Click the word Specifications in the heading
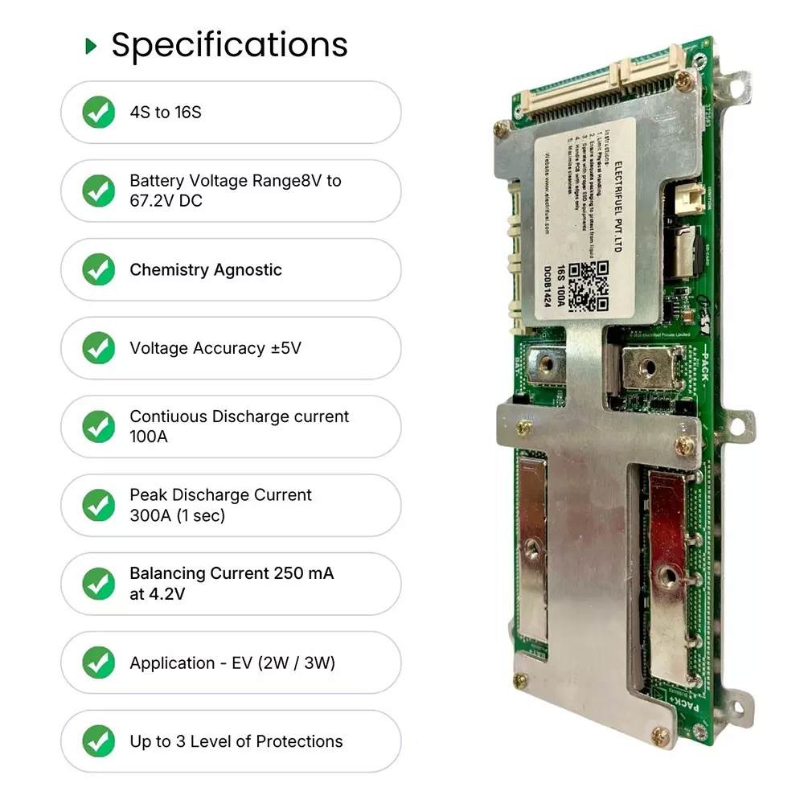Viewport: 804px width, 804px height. coord(229,45)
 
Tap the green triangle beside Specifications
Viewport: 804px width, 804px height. coord(91,47)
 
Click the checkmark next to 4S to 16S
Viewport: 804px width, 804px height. coord(99,113)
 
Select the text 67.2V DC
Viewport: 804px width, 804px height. coord(166,201)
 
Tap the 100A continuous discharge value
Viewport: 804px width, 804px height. coord(146,437)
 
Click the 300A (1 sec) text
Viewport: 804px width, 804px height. coord(177,516)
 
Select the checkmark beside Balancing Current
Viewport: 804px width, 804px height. coord(99,584)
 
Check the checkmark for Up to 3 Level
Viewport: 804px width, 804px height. coord(99,741)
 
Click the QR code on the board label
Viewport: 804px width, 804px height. coord(588,286)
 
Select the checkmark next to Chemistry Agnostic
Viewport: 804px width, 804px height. coord(99,270)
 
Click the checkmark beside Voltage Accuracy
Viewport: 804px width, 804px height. coord(99,348)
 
